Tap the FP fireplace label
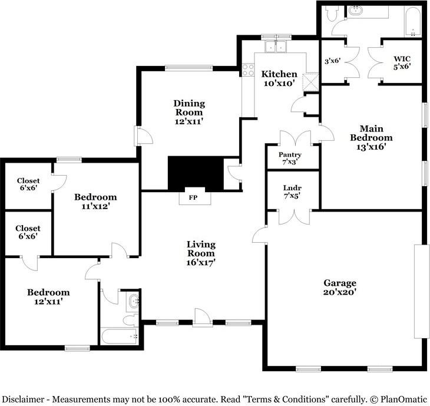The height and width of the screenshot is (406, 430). pyautogui.click(x=193, y=197)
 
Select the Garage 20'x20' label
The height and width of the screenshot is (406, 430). pyautogui.click(x=340, y=287)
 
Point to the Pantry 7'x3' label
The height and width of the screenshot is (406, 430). pyautogui.click(x=290, y=159)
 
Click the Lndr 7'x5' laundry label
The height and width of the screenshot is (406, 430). pyautogui.click(x=292, y=192)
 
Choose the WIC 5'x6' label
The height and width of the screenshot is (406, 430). pyautogui.click(x=402, y=62)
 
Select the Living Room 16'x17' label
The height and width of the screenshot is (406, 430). pyautogui.click(x=201, y=253)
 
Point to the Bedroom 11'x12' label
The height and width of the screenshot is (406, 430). pyautogui.click(x=95, y=202)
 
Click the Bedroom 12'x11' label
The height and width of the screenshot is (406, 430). pyautogui.click(x=48, y=296)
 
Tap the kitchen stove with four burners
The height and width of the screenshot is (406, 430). pyautogui.click(x=248, y=70)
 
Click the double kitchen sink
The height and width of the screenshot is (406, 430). pyautogui.click(x=276, y=47)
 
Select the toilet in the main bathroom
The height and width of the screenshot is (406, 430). pyautogui.click(x=331, y=14)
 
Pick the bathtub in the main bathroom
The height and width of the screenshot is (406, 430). pyautogui.click(x=413, y=22)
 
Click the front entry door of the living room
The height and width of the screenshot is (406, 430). pyautogui.click(x=203, y=318)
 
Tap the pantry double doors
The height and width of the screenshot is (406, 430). pyautogui.click(x=295, y=138)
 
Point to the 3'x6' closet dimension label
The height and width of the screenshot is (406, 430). pyautogui.click(x=332, y=61)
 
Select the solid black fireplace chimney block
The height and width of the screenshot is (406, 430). pyautogui.click(x=195, y=174)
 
